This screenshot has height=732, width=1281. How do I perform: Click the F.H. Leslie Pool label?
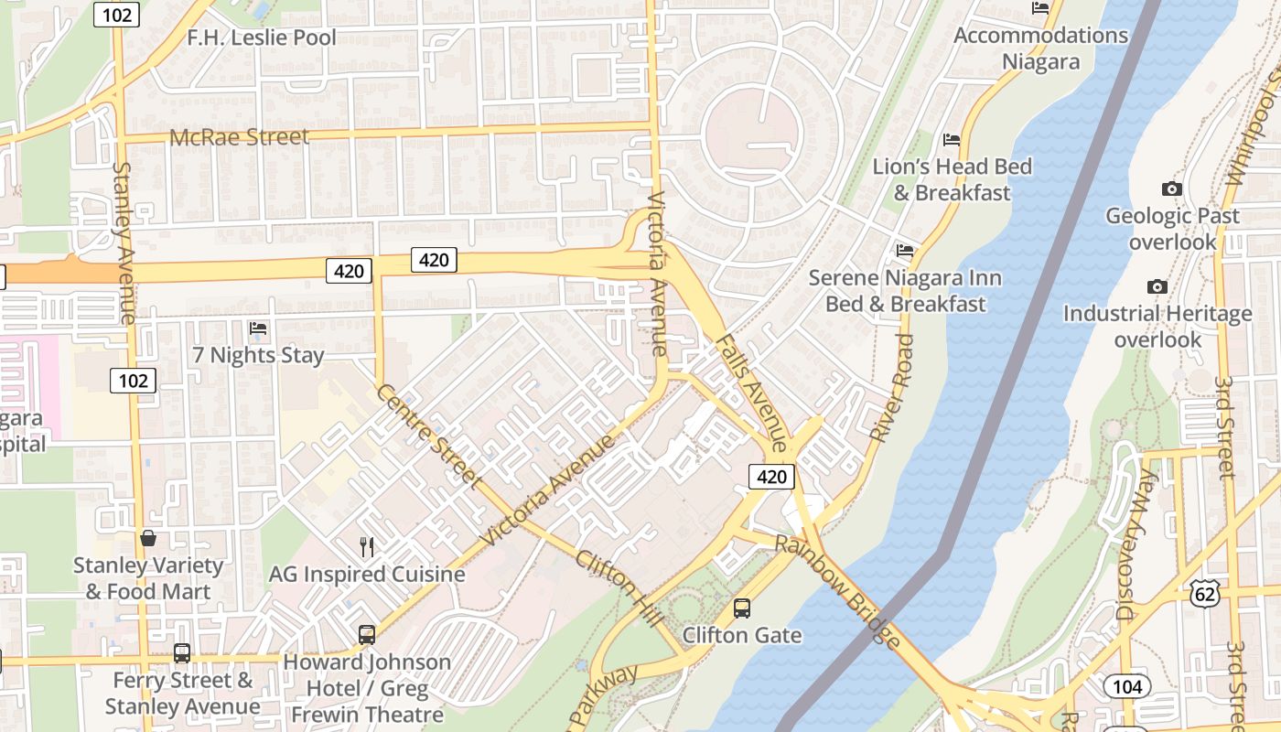(x=262, y=38)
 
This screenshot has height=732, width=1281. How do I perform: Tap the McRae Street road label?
(x=240, y=137)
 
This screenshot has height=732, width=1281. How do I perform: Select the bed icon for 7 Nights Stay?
(x=258, y=328)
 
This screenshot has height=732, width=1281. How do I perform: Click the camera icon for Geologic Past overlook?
(x=1171, y=189)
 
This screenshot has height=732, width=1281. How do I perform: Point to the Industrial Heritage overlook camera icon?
(x=1157, y=287)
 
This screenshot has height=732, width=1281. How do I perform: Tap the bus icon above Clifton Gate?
(x=742, y=608)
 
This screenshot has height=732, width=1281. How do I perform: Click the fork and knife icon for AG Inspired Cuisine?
(x=367, y=547)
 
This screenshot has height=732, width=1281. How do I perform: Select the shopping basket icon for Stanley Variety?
(x=148, y=538)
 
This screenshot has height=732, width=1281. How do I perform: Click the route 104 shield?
(x=1126, y=685)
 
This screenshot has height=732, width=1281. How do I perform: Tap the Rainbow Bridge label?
(x=836, y=591)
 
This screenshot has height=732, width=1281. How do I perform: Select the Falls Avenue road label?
(x=750, y=392)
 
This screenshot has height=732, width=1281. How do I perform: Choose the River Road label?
(x=892, y=389)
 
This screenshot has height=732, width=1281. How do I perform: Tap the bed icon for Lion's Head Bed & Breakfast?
(x=952, y=140)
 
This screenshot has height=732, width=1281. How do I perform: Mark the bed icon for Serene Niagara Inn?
(x=905, y=250)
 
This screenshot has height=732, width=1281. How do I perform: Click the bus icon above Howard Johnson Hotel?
(x=367, y=634)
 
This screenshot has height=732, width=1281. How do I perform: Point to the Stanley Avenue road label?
(x=124, y=242)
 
